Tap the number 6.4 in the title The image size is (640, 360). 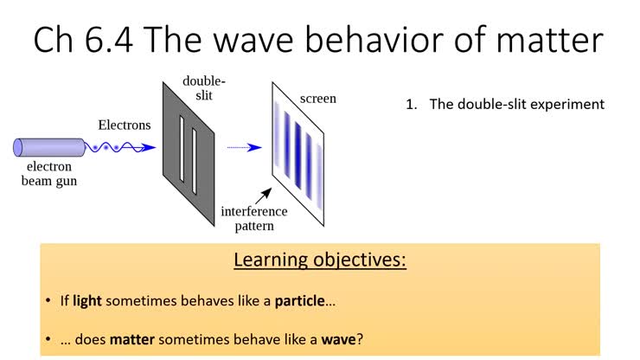coord(114,41)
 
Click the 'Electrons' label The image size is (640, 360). coord(124,125)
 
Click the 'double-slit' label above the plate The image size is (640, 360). coord(199,87)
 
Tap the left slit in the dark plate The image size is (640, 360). coord(182,149)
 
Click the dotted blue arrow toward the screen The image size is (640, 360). coord(244,147)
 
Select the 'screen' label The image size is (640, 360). coord(317,99)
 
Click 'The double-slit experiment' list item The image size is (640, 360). coord(515,104)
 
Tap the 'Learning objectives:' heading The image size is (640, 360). coord(319,260)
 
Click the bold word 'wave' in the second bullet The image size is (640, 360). coord(338,338)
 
